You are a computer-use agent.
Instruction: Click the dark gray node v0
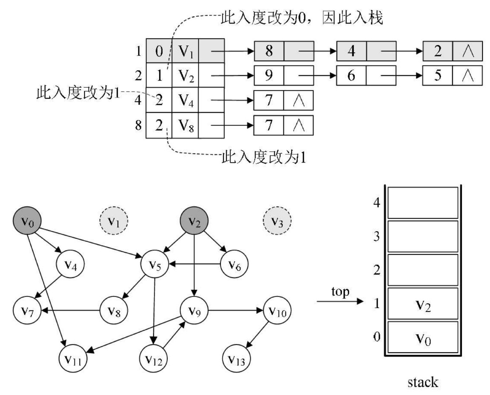27,221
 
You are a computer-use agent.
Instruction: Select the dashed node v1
114,221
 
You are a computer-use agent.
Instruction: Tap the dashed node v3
277,221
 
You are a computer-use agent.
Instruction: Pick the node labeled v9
195,311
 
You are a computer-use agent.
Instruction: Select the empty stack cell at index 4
423,203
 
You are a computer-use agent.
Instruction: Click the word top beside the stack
340,292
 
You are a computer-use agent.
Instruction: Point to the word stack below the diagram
422,382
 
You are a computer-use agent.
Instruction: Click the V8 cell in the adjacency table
185,125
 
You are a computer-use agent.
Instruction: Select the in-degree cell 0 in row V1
159,51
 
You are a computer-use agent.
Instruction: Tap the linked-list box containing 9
269,76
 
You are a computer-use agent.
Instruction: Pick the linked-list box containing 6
351,76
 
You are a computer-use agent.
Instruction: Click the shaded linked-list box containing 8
269,51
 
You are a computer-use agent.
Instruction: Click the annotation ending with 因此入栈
302,18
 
